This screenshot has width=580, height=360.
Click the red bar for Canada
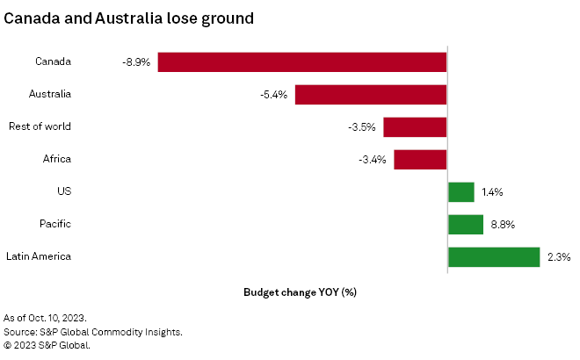[302, 61]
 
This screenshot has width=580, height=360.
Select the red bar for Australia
[371, 94]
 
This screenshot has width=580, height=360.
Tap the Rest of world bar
[415, 126]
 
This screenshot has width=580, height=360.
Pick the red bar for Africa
[420, 159]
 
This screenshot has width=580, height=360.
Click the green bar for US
[461, 191]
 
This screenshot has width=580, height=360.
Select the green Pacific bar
[466, 224]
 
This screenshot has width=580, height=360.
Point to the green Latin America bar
[494, 256]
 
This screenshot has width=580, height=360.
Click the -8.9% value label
[136, 62]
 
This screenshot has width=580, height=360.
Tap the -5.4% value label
[273, 95]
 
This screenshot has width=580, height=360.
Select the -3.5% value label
[361, 127]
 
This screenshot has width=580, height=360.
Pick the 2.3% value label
[559, 257]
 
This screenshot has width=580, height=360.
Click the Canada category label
[53, 61]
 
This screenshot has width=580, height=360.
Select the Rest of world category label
[40, 126]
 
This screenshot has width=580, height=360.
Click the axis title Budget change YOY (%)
[300, 292]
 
